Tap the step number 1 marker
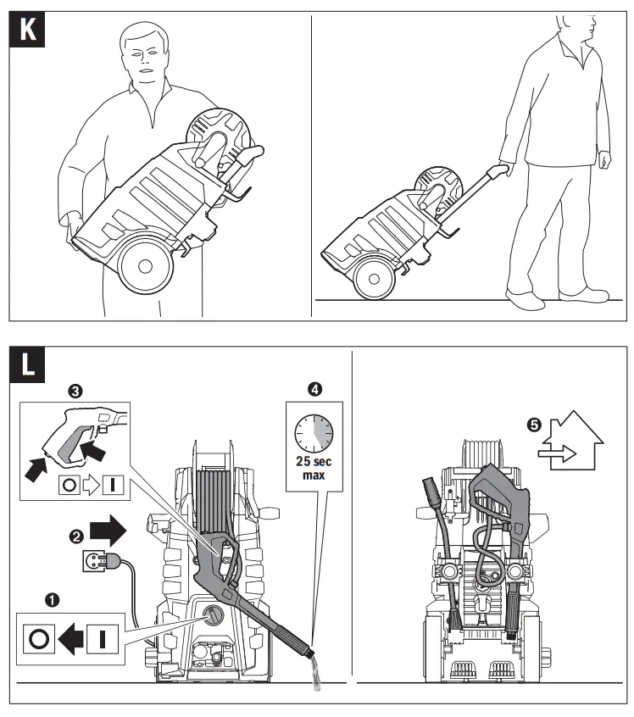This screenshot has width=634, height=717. [x=52, y=599]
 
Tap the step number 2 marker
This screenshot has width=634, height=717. [x=75, y=536]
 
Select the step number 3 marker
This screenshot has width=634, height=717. [x=76, y=391]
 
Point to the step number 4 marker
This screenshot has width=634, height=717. [x=315, y=391]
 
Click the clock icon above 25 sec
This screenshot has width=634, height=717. [x=314, y=434]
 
